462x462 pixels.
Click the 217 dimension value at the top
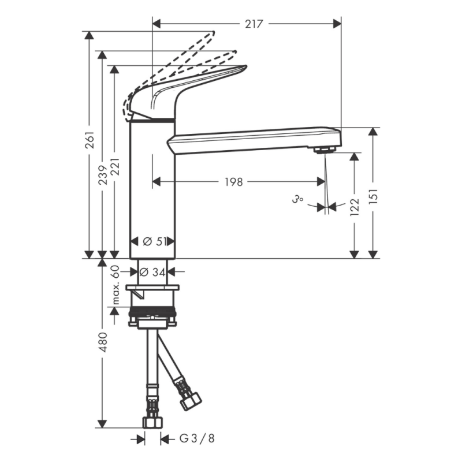coord(254,24)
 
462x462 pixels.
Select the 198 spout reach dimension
coord(233,182)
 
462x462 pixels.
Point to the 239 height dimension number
coord(102,171)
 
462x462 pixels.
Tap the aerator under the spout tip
coord(325,150)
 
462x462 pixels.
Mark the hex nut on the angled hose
coord(190,400)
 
